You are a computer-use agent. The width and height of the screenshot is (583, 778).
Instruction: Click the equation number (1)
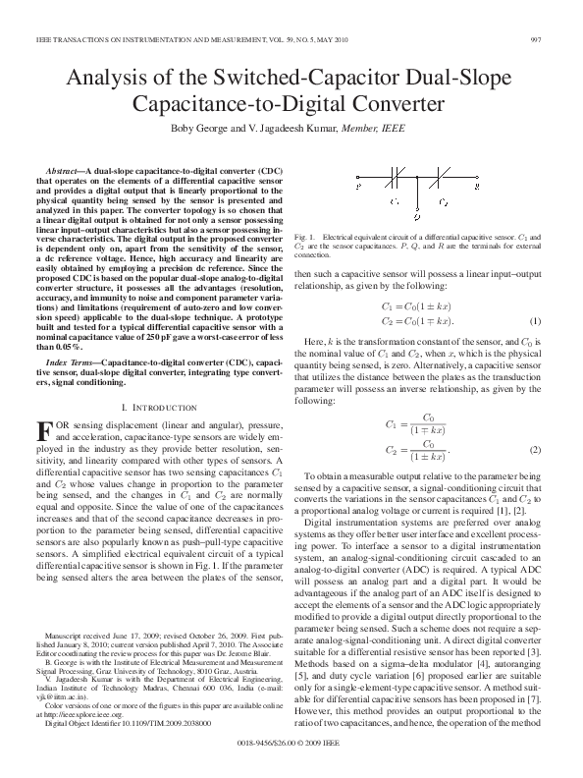click(x=536, y=321)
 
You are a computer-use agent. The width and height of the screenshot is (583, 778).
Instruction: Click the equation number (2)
click(x=536, y=449)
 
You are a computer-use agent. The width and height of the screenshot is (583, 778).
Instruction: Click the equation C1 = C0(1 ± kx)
click(x=417, y=306)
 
